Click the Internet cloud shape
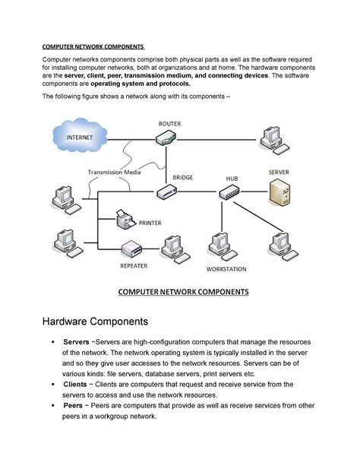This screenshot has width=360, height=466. pyautogui.click(x=83, y=137)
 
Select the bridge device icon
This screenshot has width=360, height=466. pyautogui.click(x=168, y=193)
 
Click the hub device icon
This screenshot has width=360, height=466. pyautogui.click(x=231, y=193)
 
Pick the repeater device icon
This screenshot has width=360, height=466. pyautogui.click(x=133, y=249)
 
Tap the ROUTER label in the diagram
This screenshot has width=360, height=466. pyautogui.click(x=170, y=122)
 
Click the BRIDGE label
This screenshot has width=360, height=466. pyautogui.click(x=182, y=177)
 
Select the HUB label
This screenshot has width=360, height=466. pyautogui.click(x=231, y=179)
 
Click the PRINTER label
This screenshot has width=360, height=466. pyautogui.click(x=150, y=223)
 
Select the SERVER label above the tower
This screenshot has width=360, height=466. pyautogui.click(x=279, y=173)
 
